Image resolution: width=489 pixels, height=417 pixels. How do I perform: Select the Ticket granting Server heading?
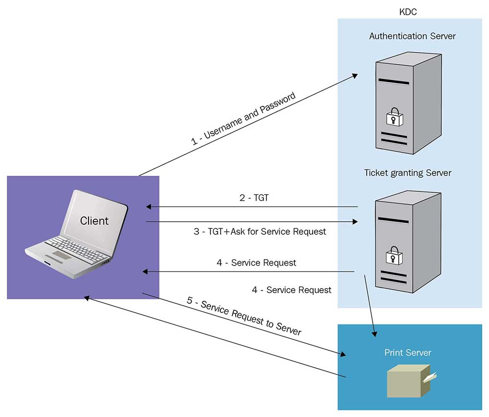click(x=408, y=173)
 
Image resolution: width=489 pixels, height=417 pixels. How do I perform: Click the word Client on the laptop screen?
click(x=94, y=221)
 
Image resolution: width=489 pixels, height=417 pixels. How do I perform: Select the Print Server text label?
click(x=408, y=353)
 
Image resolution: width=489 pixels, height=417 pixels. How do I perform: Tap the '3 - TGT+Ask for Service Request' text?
click(x=260, y=231)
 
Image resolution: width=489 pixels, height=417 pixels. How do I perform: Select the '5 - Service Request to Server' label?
click(x=244, y=315)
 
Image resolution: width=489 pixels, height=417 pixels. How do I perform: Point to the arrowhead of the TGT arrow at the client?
click(x=148, y=207)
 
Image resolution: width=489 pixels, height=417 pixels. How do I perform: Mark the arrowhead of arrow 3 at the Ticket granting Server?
click(x=356, y=222)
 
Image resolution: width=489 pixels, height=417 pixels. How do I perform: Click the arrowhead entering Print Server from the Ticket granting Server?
click(x=375, y=334)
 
